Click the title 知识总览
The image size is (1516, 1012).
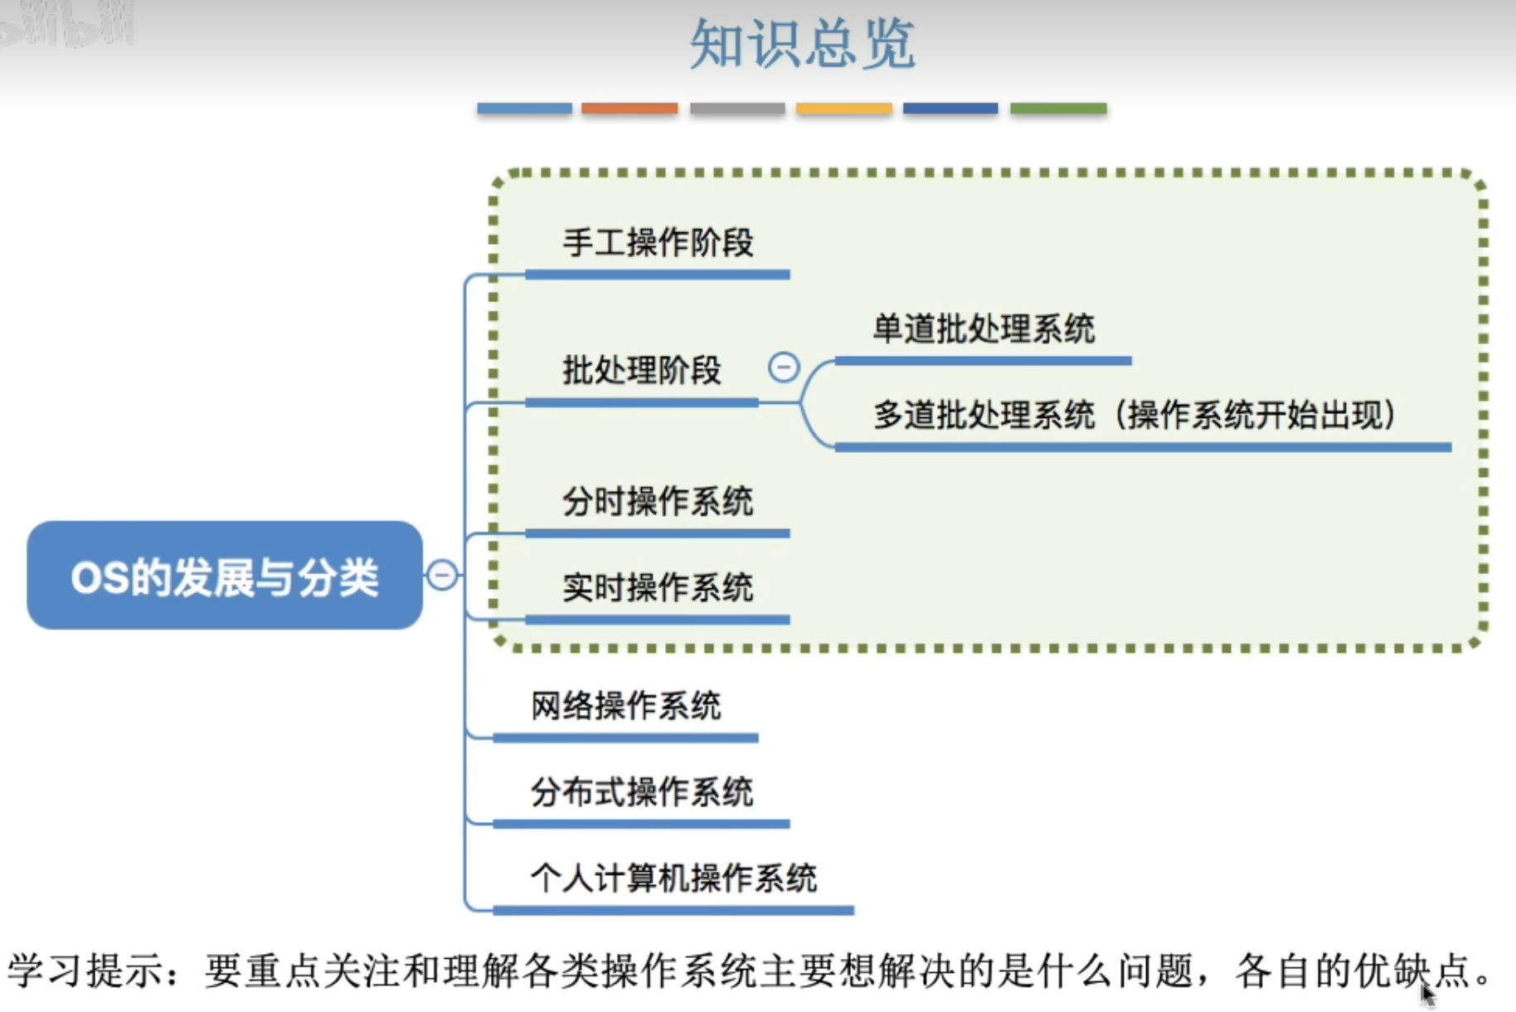point(802,44)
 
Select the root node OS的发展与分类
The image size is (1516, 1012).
point(224,576)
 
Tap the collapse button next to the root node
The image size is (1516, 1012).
point(442,574)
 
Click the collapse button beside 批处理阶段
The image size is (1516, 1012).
point(784,367)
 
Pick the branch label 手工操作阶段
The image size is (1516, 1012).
point(658,243)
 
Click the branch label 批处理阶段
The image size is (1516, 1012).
point(642,370)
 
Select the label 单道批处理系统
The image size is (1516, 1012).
point(984,329)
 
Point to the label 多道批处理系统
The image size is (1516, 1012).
point(984,415)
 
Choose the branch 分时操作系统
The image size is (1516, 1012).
point(658,502)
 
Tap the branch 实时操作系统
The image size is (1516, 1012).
point(658,588)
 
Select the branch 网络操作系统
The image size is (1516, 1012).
point(626,707)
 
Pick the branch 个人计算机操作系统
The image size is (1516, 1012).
point(673,878)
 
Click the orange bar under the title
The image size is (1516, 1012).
point(629,109)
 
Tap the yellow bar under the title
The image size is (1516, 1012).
point(843,109)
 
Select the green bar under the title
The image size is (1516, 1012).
point(1058,109)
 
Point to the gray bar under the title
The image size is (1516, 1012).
point(737,109)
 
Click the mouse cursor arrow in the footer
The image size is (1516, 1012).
point(1426,992)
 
